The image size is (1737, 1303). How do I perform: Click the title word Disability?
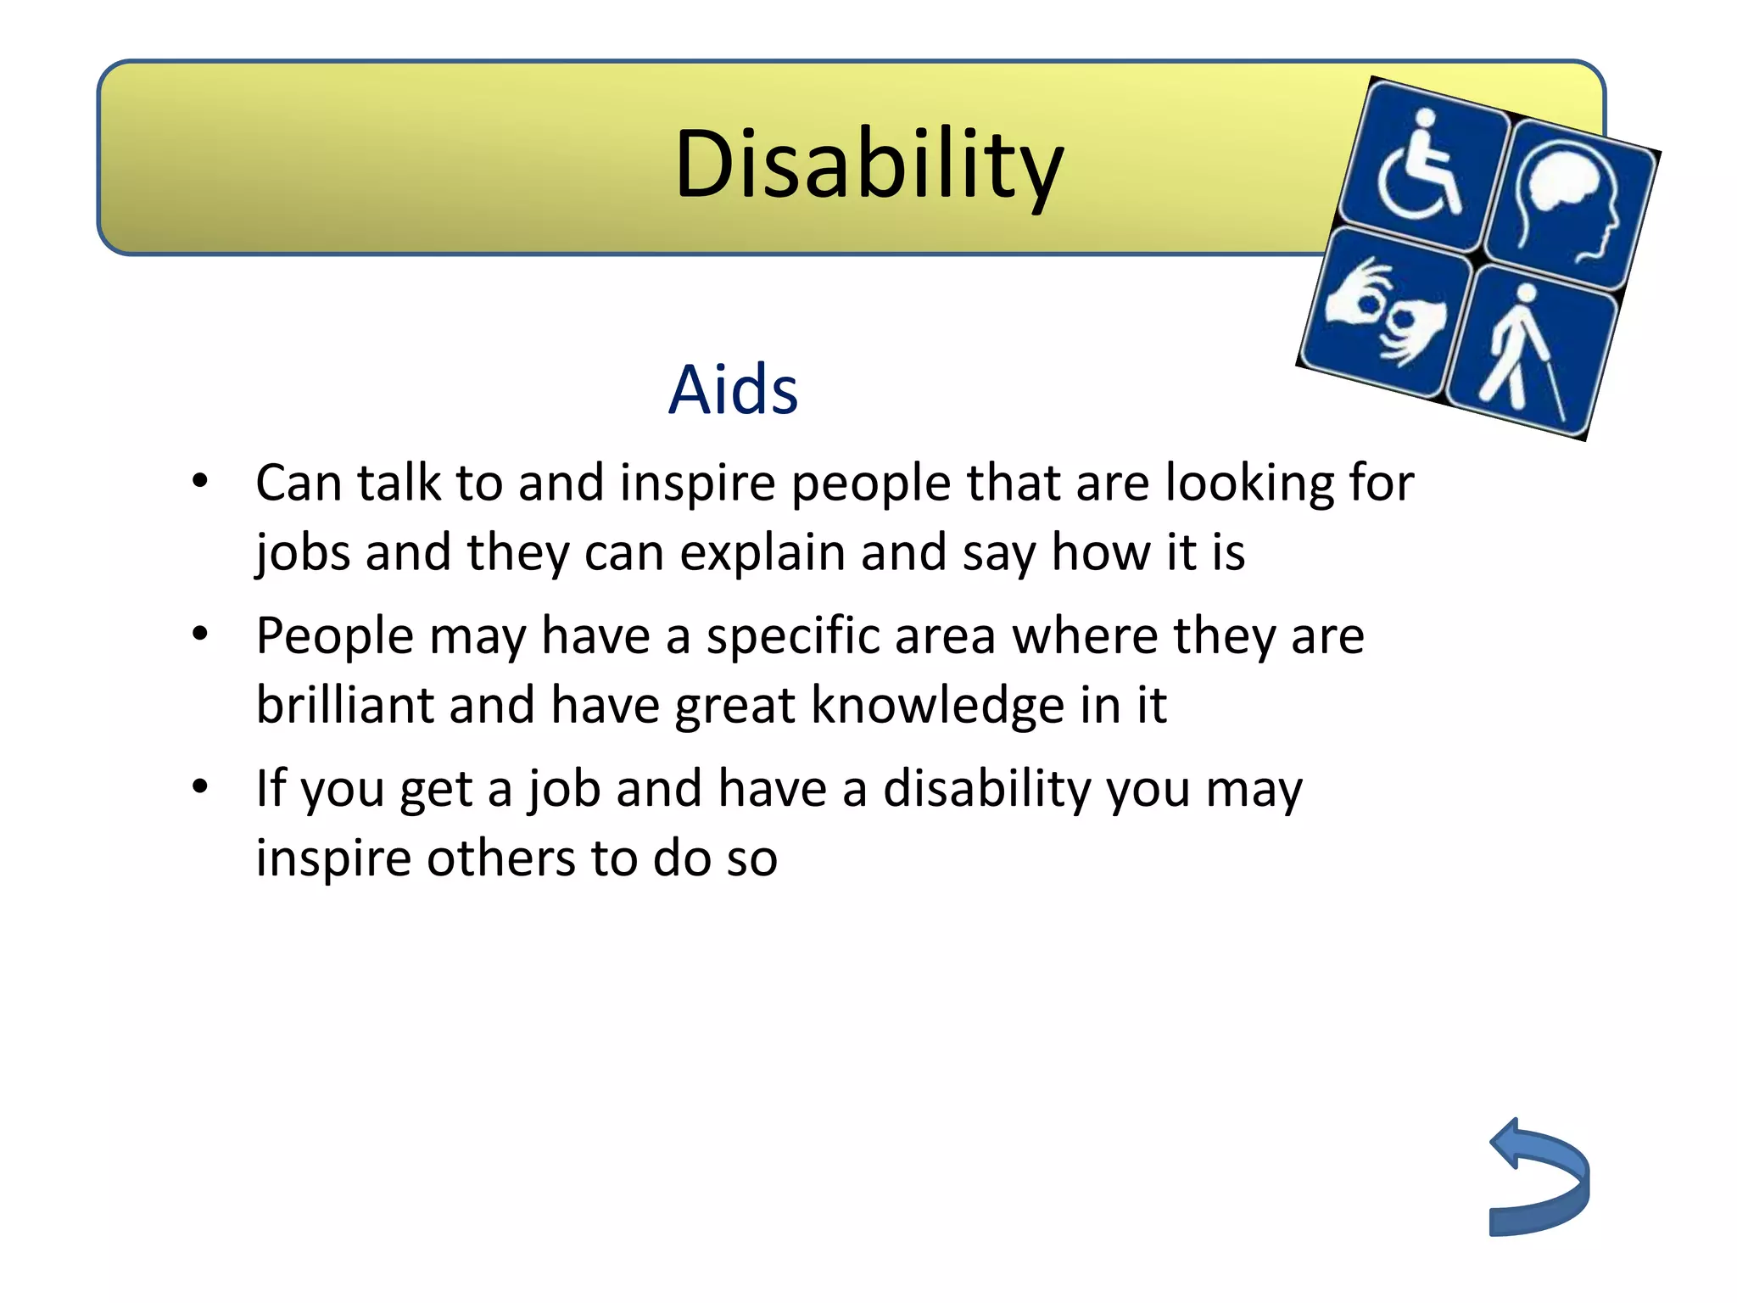(868, 165)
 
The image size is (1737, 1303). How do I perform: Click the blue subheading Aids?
(733, 390)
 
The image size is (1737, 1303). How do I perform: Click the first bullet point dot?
(200, 482)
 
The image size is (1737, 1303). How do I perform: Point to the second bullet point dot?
(200, 634)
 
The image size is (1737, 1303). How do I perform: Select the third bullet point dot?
(200, 786)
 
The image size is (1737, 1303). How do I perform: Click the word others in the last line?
(500, 858)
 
